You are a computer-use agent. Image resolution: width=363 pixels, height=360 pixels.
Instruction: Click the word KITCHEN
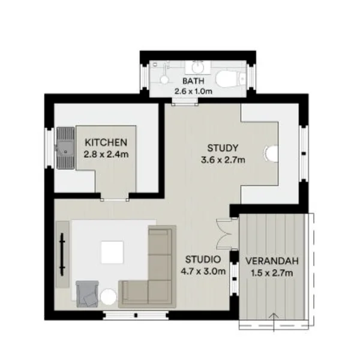(106, 143)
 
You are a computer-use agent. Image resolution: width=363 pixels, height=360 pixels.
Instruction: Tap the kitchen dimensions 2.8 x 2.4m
(106, 154)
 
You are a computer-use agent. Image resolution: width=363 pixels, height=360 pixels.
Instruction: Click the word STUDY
(223, 148)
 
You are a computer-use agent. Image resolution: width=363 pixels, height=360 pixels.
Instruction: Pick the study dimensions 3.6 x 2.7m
(223, 159)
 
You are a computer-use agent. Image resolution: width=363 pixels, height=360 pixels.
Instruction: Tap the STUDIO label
(202, 260)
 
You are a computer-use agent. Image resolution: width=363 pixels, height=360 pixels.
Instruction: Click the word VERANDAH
(272, 262)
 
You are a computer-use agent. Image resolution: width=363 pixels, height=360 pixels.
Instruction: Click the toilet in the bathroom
(229, 78)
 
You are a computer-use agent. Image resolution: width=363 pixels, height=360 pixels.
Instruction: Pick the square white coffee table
(113, 252)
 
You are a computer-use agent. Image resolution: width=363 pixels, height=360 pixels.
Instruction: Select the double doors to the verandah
(223, 233)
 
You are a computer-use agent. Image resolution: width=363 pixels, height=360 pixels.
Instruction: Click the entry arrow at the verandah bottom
(274, 322)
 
